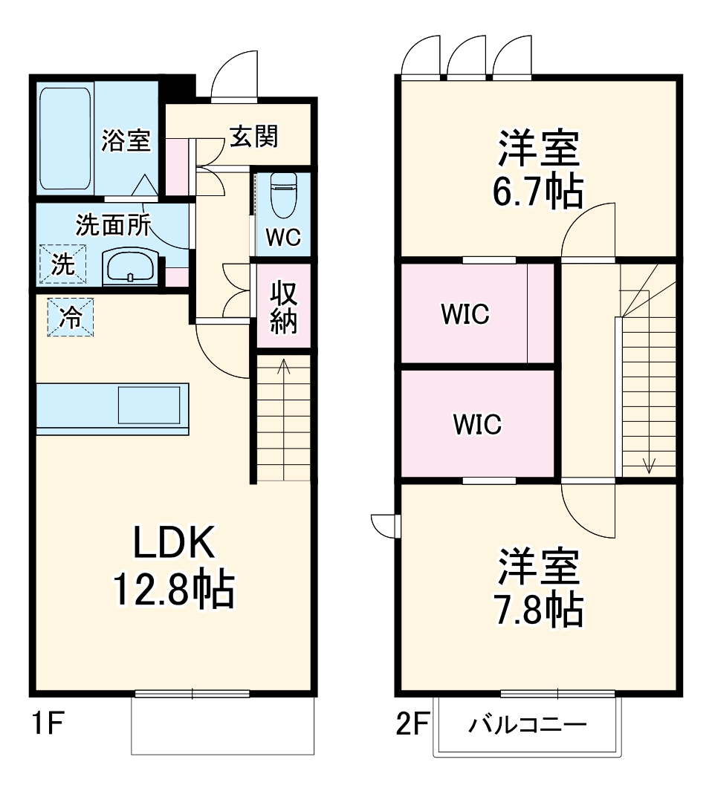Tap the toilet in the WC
pyautogui.click(x=282, y=194)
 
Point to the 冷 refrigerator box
pyautogui.click(x=71, y=317)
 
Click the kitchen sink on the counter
pyautogui.click(x=149, y=406)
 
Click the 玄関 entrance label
pyautogui.click(x=253, y=136)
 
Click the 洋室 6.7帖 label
pyautogui.click(x=538, y=169)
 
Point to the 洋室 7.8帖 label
pyautogui.click(x=538, y=587)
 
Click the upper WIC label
pyautogui.click(x=465, y=315)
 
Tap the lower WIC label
pyautogui.click(x=477, y=425)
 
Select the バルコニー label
pyautogui.click(x=528, y=724)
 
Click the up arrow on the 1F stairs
pyautogui.click(x=283, y=365)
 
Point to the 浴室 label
pyautogui.click(x=126, y=140)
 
